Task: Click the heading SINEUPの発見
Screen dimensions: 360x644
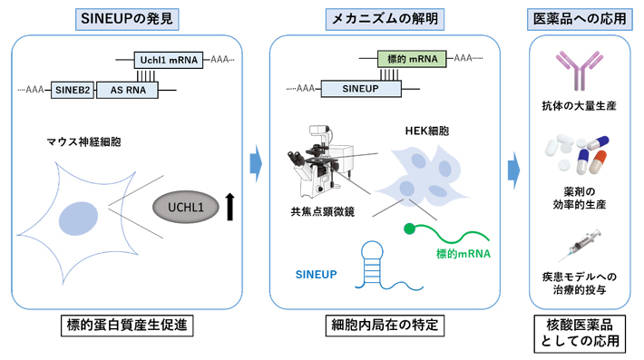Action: pos(127,17)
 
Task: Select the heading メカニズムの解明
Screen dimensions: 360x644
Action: pos(387,17)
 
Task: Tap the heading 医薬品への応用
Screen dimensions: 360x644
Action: pos(580,17)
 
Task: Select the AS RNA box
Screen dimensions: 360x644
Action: pos(128,90)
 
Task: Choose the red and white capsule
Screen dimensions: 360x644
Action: pos(597,165)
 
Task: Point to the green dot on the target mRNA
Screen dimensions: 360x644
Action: pos(411,228)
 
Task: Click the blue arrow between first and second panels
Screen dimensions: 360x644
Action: pos(256,164)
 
